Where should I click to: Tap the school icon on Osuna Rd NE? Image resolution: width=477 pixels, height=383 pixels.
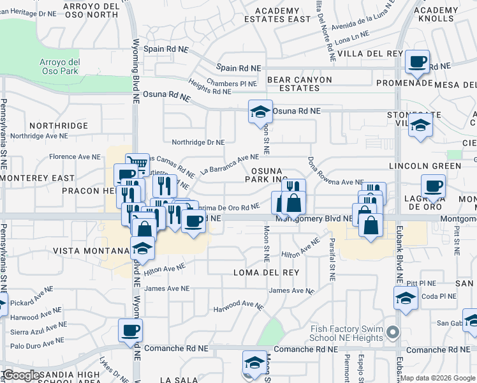(260, 112)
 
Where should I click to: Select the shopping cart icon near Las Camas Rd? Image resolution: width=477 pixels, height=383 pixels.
(137, 164)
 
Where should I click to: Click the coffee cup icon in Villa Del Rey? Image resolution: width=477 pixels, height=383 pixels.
(418, 62)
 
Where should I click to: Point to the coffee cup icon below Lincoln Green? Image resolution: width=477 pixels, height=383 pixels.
(433, 186)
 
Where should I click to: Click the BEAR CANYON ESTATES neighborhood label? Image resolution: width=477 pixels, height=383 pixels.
(300, 84)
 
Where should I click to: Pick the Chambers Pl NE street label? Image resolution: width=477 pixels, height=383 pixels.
(231, 84)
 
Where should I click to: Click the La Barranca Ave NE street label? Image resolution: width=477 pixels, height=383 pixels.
(229, 164)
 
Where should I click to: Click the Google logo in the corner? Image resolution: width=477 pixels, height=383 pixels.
(20, 375)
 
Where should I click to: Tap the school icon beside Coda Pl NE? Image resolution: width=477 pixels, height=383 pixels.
(406, 298)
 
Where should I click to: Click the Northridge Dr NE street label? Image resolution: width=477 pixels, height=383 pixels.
(198, 142)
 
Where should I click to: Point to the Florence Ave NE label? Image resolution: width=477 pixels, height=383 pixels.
(75, 156)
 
